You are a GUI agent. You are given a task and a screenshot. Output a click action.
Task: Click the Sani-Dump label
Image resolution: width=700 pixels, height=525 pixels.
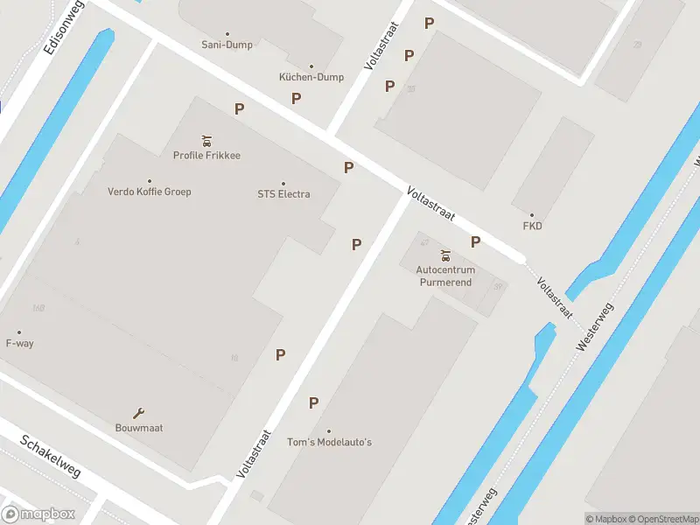pos(227,45)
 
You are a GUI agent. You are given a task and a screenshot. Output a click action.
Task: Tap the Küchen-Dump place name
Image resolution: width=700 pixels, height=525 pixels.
pos(311,77)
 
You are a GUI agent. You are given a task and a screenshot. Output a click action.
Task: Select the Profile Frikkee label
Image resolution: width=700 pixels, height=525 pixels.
pos(206,156)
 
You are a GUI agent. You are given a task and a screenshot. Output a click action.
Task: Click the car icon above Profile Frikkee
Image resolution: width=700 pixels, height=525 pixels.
pos(206,140)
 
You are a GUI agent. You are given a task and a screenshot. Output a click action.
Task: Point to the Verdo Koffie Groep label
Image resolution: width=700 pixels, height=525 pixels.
pos(149,192)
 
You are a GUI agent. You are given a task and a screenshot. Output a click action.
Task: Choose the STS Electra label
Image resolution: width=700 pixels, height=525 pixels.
pos(283,194)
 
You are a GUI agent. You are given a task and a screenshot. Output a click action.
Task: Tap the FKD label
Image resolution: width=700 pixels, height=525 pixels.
pos(532,226)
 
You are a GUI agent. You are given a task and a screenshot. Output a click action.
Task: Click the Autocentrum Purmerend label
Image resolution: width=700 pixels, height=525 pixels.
pos(444,276)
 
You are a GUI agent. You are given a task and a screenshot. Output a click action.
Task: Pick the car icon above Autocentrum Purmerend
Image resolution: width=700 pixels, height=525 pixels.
pos(445,255)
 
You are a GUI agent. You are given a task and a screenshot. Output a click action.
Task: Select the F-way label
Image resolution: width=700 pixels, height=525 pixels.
pos(19,343)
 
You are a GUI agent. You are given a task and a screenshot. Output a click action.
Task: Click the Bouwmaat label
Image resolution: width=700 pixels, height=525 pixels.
pos(139,428)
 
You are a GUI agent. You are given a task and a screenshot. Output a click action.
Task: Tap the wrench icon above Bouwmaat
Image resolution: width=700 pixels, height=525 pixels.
pos(138,413)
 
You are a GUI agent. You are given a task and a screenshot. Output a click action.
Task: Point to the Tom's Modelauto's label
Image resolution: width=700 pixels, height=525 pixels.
pos(329,442)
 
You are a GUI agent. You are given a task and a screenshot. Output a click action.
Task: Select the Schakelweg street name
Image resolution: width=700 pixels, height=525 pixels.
pos(50,457)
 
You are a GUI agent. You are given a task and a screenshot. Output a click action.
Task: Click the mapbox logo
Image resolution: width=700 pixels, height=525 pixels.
pos(38,514)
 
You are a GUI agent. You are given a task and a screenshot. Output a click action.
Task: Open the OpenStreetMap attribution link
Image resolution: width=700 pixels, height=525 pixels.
pos(661,519)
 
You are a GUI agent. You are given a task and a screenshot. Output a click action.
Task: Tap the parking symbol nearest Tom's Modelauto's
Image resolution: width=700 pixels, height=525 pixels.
pos(313,403)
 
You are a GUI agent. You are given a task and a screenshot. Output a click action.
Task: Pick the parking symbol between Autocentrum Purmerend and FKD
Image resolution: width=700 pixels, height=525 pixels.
pos(476,242)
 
